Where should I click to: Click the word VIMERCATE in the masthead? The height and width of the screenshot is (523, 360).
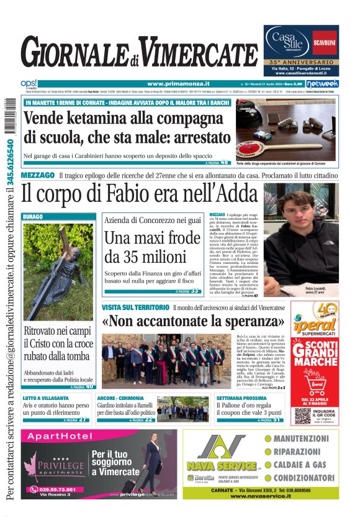tap(196, 55)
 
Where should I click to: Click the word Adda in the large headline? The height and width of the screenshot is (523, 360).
tap(230, 194)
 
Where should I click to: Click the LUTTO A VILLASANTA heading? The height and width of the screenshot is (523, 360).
tap(47, 398)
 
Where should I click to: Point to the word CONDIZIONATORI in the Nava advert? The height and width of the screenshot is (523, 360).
tap(305, 478)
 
